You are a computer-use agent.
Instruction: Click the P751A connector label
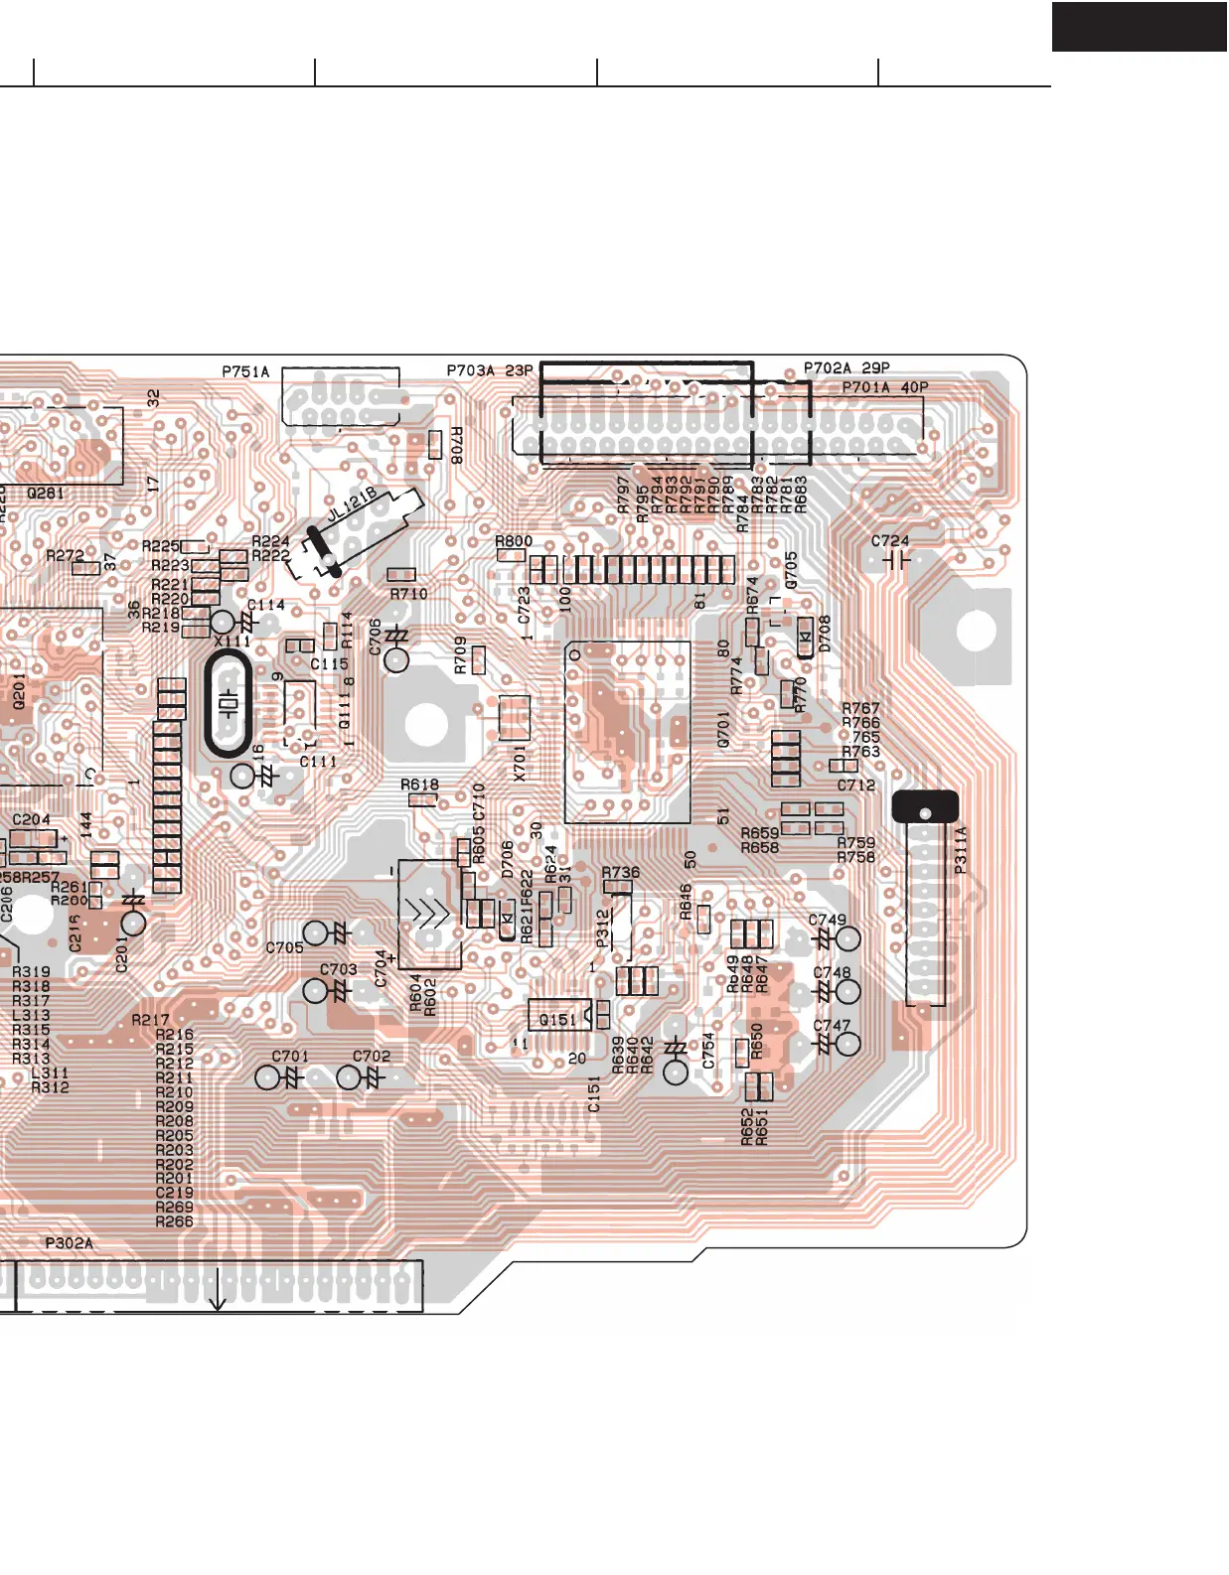[x=245, y=372]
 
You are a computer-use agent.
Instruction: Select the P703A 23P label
[x=490, y=370]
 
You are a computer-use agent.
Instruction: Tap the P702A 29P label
[x=846, y=367]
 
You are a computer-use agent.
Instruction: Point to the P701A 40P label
[x=884, y=387]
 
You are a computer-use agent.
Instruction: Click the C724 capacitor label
[x=889, y=541]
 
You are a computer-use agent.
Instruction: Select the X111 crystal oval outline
[x=229, y=705]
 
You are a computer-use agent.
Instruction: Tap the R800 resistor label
[x=514, y=541]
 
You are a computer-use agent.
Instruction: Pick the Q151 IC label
[x=556, y=1020]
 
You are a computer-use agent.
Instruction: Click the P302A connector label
[x=70, y=1243]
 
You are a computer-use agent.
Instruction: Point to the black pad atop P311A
[x=925, y=806]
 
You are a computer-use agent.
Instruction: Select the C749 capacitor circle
[x=848, y=938]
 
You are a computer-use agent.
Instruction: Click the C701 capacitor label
[x=290, y=1056]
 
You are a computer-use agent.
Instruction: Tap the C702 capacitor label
[x=372, y=1056]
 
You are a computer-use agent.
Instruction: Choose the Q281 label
[x=46, y=493]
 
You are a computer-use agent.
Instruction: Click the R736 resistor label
[x=621, y=873]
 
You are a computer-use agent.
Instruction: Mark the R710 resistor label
[x=408, y=594]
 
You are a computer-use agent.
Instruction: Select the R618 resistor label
[x=420, y=785]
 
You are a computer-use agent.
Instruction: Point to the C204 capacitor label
[x=31, y=819]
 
